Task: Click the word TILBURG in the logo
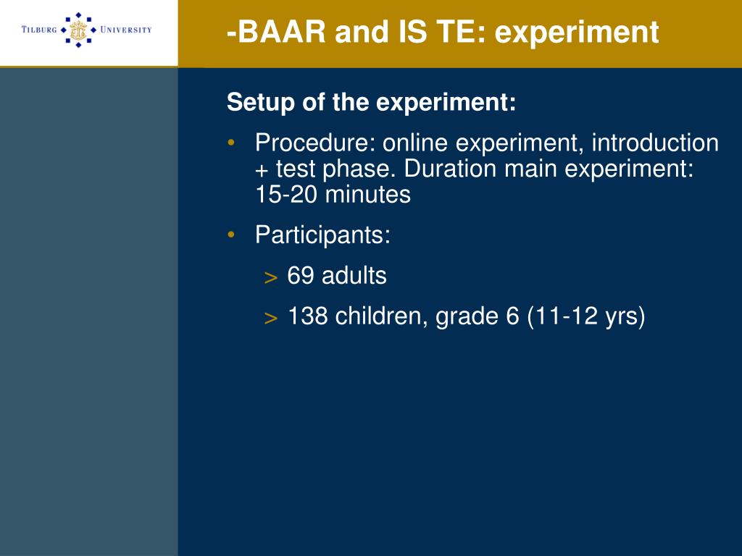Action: pyautogui.click(x=39, y=29)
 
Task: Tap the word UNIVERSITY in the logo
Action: pyautogui.click(x=126, y=29)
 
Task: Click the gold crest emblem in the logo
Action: pyautogui.click(x=78, y=30)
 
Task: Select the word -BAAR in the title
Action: pyautogui.click(x=276, y=32)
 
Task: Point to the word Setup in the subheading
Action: pyautogui.click(x=260, y=103)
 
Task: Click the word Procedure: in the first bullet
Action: pyautogui.click(x=315, y=143)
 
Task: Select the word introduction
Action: pyautogui.click(x=655, y=143)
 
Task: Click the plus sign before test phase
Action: pyautogui.click(x=262, y=170)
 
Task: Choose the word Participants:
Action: pyautogui.click(x=322, y=235)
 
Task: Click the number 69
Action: pyautogui.click(x=301, y=275)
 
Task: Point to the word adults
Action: pyautogui.click(x=354, y=275)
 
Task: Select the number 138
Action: pyautogui.click(x=307, y=316)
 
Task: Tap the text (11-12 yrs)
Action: pyautogui.click(x=585, y=316)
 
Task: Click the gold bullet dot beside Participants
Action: pyautogui.click(x=231, y=234)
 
